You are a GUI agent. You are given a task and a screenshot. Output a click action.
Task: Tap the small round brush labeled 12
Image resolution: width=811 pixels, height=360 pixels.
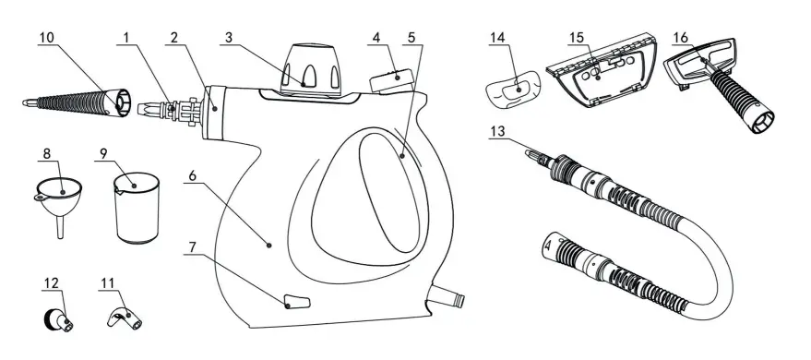[x=54, y=319]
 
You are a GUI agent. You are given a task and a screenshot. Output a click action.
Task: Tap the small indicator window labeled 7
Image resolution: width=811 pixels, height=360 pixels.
[x=293, y=302]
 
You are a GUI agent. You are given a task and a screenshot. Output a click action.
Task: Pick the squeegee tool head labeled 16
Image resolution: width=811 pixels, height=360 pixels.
[x=710, y=65]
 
